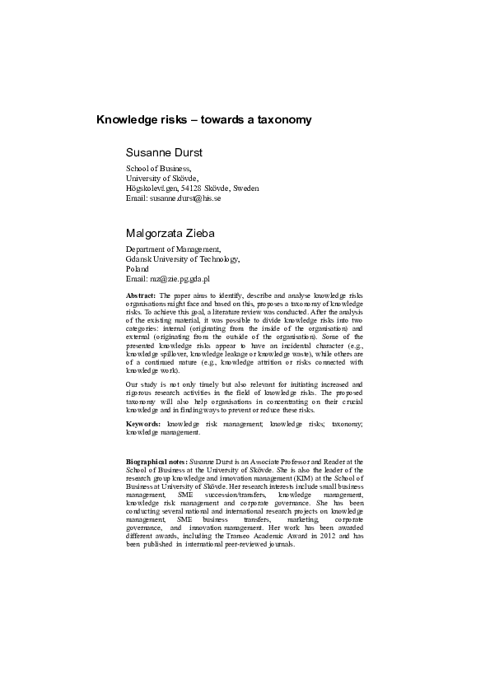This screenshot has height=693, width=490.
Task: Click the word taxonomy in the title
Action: [x=284, y=120]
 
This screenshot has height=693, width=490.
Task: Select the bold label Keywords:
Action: [x=143, y=423]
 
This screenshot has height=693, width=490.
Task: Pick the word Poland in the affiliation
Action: [x=138, y=268]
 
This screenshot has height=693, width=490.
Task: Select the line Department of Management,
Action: [x=173, y=249]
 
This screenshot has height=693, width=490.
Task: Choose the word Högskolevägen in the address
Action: [x=153, y=188]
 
